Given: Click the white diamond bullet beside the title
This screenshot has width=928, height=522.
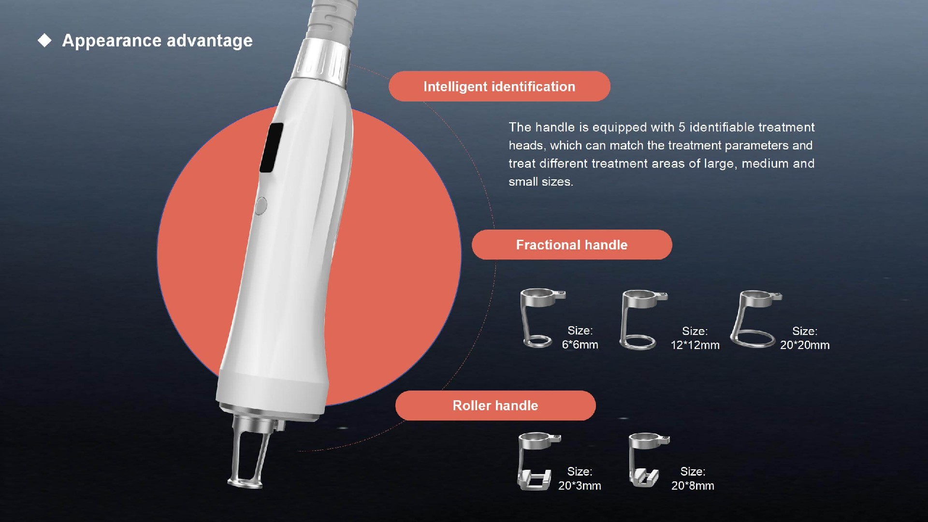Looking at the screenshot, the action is pyautogui.click(x=44, y=41).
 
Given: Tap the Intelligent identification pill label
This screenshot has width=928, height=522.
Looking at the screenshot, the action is pyautogui.click(x=499, y=87).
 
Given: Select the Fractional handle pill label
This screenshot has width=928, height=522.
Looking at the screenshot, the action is pyautogui.click(x=572, y=245).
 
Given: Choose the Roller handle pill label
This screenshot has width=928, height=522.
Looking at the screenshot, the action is pyautogui.click(x=495, y=406).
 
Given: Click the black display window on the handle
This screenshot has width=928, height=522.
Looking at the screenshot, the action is pyautogui.click(x=272, y=147).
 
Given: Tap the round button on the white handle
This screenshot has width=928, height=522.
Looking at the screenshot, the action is pyautogui.click(x=261, y=206).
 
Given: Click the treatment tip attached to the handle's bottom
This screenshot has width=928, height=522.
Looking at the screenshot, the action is pyautogui.click(x=252, y=449).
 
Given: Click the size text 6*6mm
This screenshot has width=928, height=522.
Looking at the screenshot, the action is pyautogui.click(x=580, y=345).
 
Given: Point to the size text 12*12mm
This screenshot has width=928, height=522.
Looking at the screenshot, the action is pyautogui.click(x=695, y=345).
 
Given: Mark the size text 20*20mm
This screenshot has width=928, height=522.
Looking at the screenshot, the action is pyautogui.click(x=805, y=345).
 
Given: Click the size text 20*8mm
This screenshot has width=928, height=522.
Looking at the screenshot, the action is pyautogui.click(x=693, y=486).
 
